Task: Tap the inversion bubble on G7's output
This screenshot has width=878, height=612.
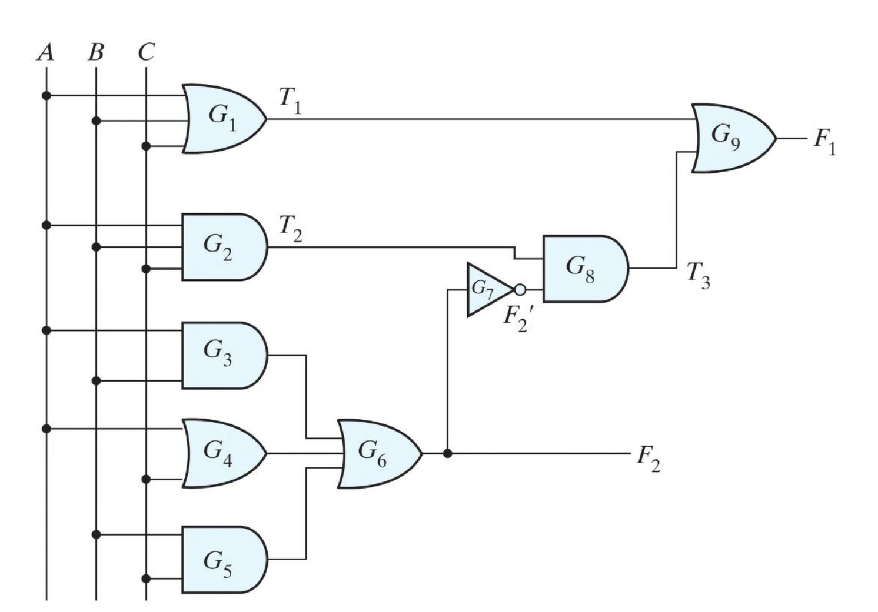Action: tap(520, 290)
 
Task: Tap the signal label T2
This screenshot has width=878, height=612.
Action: tap(290, 228)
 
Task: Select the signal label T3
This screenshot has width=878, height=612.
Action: tap(699, 275)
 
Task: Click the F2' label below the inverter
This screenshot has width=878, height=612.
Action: tap(517, 319)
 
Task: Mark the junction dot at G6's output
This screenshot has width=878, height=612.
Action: tap(448, 453)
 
